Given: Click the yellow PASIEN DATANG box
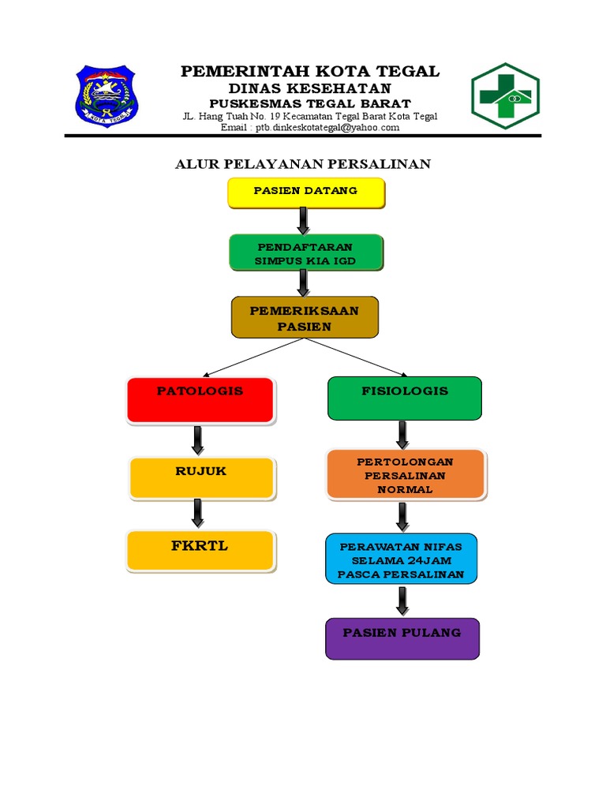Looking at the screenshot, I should [x=306, y=193].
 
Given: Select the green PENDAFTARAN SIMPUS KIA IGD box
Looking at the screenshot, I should [x=306, y=252].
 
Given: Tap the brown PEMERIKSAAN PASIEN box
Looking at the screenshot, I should [x=305, y=317].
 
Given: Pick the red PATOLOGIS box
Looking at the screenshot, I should [x=200, y=399].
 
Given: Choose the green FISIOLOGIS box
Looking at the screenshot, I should [x=404, y=398].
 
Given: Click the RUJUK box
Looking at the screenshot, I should [x=201, y=478].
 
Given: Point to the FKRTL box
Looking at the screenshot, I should [x=200, y=551].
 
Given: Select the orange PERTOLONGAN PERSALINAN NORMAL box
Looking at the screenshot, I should [x=406, y=475].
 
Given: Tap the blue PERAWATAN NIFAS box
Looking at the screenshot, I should [x=401, y=559].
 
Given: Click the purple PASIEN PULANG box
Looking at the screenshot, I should [x=402, y=638].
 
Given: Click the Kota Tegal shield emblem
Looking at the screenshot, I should [x=106, y=98].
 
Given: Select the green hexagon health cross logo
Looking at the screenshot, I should [x=505, y=96].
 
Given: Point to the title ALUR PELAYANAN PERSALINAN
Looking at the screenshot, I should [x=302, y=164].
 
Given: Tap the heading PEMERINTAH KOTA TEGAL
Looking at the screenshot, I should [x=310, y=72].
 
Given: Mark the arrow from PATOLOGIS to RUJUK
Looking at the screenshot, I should [x=198, y=440].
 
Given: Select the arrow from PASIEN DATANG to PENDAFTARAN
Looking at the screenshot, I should [x=303, y=221].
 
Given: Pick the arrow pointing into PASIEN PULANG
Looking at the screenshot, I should [x=402, y=600].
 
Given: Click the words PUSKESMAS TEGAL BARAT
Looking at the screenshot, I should [x=310, y=103].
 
